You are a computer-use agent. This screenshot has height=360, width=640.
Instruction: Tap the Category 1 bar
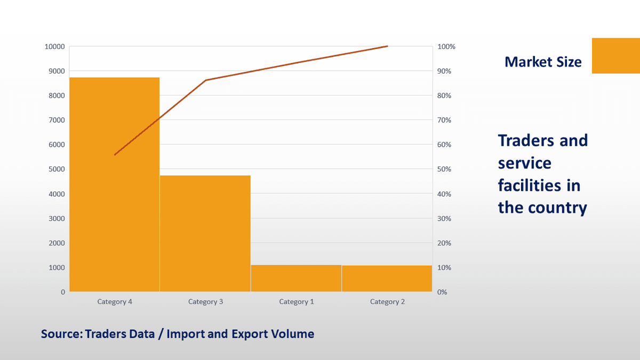[296, 278]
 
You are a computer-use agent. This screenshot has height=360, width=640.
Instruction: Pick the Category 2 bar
[387, 278]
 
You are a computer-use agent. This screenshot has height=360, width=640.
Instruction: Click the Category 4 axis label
[115, 302]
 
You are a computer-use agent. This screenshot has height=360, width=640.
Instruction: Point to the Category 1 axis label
[297, 302]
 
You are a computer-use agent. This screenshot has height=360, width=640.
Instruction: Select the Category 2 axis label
[387, 302]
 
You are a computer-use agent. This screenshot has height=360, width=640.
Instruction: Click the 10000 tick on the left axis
[55, 47]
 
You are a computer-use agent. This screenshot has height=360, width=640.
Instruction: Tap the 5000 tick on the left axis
[57, 170]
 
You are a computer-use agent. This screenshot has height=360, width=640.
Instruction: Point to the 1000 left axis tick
[57, 268]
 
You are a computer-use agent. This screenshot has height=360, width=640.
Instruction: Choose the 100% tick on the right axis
[446, 47]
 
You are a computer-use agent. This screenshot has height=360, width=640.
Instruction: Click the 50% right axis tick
[445, 170]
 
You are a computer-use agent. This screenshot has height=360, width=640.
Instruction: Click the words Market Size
[543, 62]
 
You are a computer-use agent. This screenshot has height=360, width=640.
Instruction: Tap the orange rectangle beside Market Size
[615, 55]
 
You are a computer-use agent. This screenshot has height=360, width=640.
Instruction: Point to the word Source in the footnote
[60, 334]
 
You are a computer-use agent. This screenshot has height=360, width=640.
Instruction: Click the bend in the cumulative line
[206, 80]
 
